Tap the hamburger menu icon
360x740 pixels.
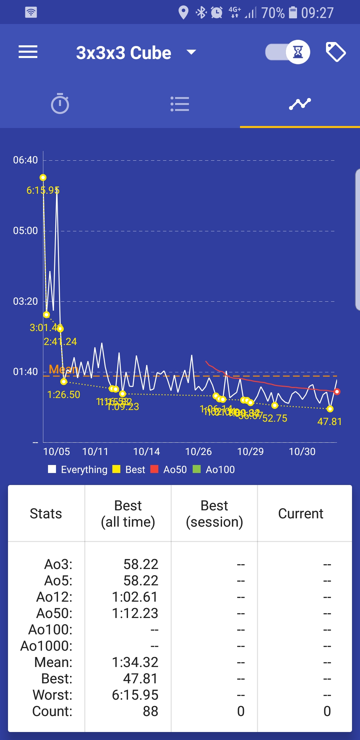point(28,52)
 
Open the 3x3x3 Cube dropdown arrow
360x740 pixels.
point(191,52)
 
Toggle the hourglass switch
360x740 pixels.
point(287,52)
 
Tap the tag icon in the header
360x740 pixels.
point(335,52)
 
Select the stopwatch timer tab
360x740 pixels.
point(60,104)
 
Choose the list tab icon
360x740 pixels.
point(180,104)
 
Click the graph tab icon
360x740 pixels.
point(300,104)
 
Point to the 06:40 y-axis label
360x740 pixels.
point(25,160)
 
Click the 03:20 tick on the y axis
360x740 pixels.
point(25,301)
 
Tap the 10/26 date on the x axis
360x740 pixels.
point(198,452)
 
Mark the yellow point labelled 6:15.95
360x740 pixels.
point(43,178)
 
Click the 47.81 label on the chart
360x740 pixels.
point(329,422)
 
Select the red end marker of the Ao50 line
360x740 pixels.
point(337,392)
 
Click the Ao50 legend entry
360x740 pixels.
point(169,470)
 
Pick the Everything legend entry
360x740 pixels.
point(78,470)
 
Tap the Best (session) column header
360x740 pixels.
point(214,514)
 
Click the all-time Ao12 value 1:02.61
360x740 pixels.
point(135,597)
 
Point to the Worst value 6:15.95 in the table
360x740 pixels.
point(135,695)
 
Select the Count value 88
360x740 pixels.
point(150,711)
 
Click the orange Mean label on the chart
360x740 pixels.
point(63,369)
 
